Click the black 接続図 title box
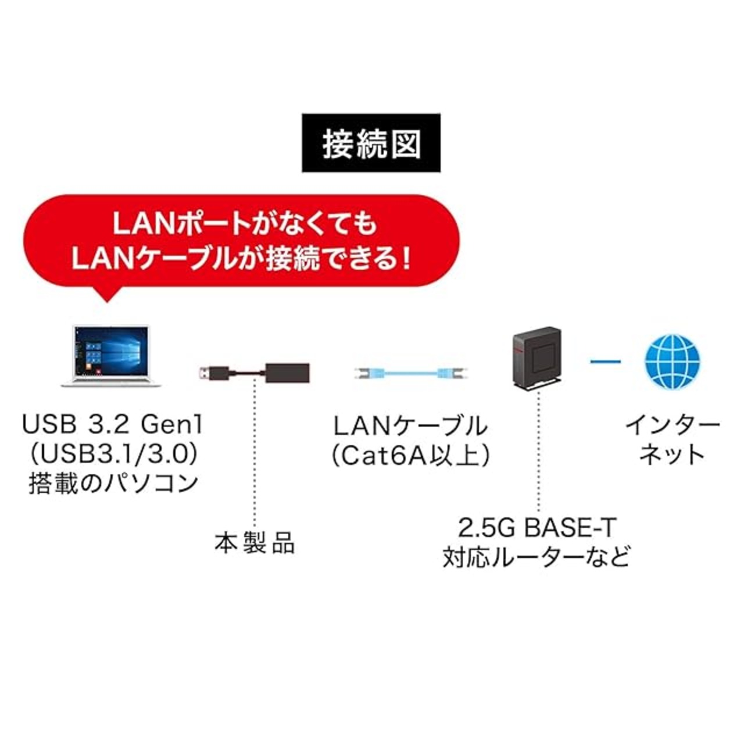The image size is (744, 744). pyautogui.click(x=371, y=143)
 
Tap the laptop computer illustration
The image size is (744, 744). pyautogui.click(x=111, y=356)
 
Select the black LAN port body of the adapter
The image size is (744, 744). pyautogui.click(x=288, y=373)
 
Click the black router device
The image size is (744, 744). pyautogui.click(x=537, y=359)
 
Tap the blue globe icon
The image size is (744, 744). pyautogui.click(x=672, y=362)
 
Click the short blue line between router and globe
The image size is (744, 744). pyautogui.click(x=606, y=362)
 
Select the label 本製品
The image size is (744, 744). pyautogui.click(x=255, y=543)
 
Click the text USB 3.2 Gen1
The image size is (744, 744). pyautogui.click(x=112, y=425)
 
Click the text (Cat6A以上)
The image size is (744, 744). pyautogui.click(x=410, y=456)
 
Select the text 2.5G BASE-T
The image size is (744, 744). pyautogui.click(x=536, y=528)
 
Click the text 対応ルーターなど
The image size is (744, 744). pyautogui.click(x=536, y=557)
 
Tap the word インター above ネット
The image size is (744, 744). pyautogui.click(x=672, y=425)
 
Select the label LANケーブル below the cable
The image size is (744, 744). pyautogui.click(x=410, y=425)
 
